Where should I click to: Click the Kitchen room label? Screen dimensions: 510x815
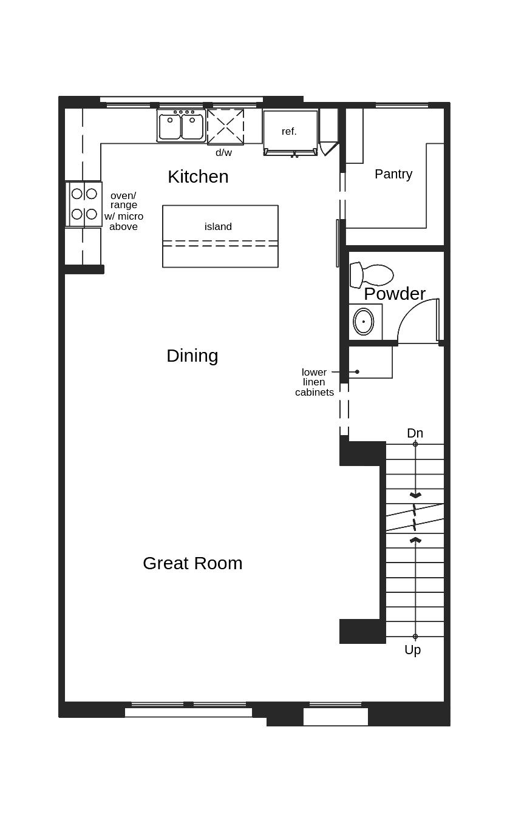(x=198, y=177)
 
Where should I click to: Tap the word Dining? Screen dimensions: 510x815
(x=192, y=356)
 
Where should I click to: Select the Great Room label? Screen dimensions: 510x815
(x=192, y=563)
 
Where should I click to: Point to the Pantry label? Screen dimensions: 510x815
(x=393, y=174)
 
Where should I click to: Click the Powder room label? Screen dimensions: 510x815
(x=395, y=294)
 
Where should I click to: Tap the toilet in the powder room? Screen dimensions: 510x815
(x=372, y=275)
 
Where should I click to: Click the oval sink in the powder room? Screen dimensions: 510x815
(x=363, y=322)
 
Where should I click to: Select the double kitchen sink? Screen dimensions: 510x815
(x=182, y=126)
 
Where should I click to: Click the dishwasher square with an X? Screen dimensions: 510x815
(x=225, y=127)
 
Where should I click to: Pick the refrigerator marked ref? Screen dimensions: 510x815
(x=290, y=133)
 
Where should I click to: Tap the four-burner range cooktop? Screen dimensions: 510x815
(x=84, y=204)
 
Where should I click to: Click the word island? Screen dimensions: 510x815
(x=218, y=227)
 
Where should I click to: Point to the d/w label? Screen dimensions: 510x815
(x=223, y=152)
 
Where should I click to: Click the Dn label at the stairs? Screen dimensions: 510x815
(x=415, y=433)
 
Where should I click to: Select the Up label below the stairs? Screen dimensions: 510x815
(x=412, y=649)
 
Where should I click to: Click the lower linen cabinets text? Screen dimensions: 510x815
(x=314, y=382)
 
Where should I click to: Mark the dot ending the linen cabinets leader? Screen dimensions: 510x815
(x=357, y=372)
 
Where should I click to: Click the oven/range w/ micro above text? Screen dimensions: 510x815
(x=123, y=211)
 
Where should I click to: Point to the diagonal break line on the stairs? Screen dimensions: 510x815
(x=415, y=518)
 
